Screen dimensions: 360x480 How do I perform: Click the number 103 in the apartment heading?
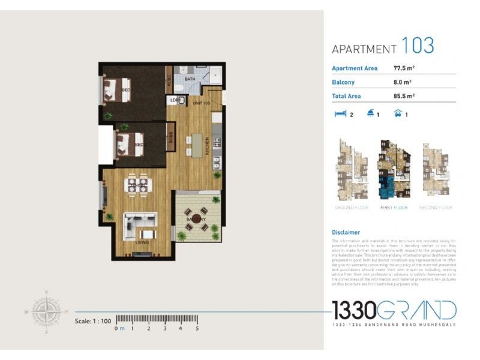tap(418, 46)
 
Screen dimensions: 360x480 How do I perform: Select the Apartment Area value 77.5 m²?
tap(404, 68)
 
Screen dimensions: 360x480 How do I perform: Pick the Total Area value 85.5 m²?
tap(404, 95)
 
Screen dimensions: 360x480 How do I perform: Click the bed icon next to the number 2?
tap(339, 113)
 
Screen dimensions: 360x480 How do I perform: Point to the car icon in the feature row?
tap(397, 113)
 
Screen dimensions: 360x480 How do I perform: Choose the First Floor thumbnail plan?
tap(394, 169)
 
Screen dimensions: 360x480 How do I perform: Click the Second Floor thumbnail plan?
tap(436, 169)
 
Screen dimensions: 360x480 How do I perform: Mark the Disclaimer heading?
tap(346, 232)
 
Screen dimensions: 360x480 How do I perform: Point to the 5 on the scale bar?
tap(197, 328)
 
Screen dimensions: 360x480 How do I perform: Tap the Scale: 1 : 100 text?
tap(93, 321)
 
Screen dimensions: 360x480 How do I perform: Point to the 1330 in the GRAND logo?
tap(355, 310)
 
